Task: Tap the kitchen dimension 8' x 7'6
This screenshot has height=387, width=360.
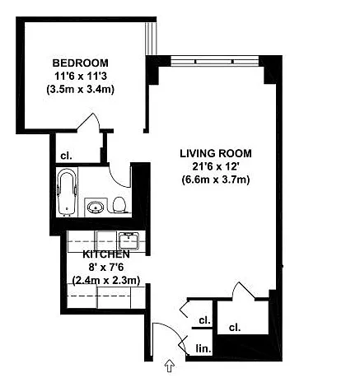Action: [105, 268]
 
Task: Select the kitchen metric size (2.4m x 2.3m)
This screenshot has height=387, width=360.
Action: [105, 281]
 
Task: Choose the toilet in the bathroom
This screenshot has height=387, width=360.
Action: [120, 203]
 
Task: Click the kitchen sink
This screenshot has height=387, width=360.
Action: [129, 240]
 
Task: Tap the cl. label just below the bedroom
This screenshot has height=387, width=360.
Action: [64, 156]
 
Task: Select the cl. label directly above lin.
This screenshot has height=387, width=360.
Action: [203, 320]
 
